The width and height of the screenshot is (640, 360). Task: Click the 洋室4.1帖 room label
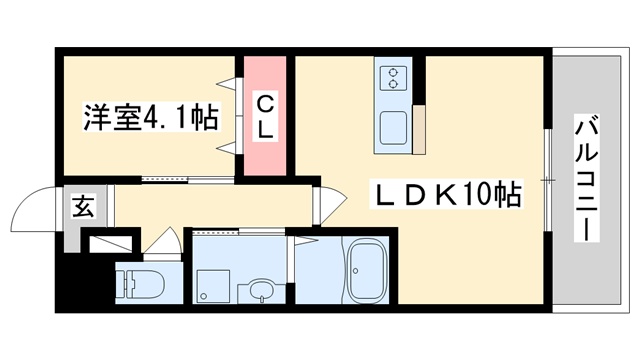(x=151, y=117)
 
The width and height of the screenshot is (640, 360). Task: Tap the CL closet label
(x=265, y=116)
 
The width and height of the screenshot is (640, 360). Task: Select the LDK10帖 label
(x=446, y=195)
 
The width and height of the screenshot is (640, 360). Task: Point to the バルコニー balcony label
(x=587, y=178)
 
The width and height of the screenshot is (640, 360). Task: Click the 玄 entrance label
(x=83, y=206)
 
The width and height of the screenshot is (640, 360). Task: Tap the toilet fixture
(x=140, y=282)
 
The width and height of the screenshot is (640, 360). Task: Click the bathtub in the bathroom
(x=367, y=271)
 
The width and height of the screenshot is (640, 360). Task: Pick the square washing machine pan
(x=213, y=286)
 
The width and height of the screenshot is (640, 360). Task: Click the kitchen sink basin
(x=393, y=128)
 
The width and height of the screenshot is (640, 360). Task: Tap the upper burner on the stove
(x=393, y=73)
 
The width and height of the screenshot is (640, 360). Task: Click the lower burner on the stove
(x=393, y=84)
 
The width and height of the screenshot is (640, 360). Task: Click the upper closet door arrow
(x=227, y=84)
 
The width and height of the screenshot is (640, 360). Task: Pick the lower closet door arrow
(x=227, y=148)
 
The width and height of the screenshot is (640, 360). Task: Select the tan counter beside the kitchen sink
(x=419, y=130)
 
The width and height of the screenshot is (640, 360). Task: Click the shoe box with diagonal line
(x=111, y=244)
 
